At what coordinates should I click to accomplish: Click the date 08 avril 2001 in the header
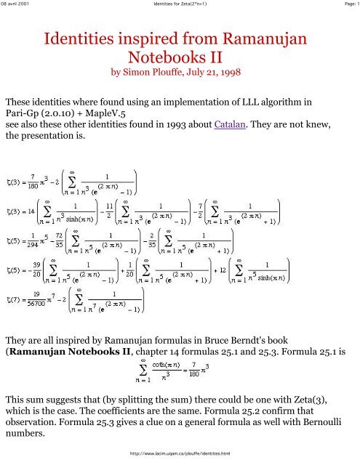[x=19, y=5]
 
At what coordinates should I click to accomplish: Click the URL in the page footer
[x=180, y=453]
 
